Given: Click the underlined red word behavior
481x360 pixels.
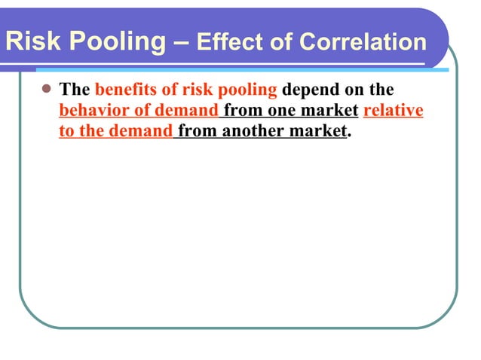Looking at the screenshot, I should tap(91, 111).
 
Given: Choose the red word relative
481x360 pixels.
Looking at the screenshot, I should tap(393, 111).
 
